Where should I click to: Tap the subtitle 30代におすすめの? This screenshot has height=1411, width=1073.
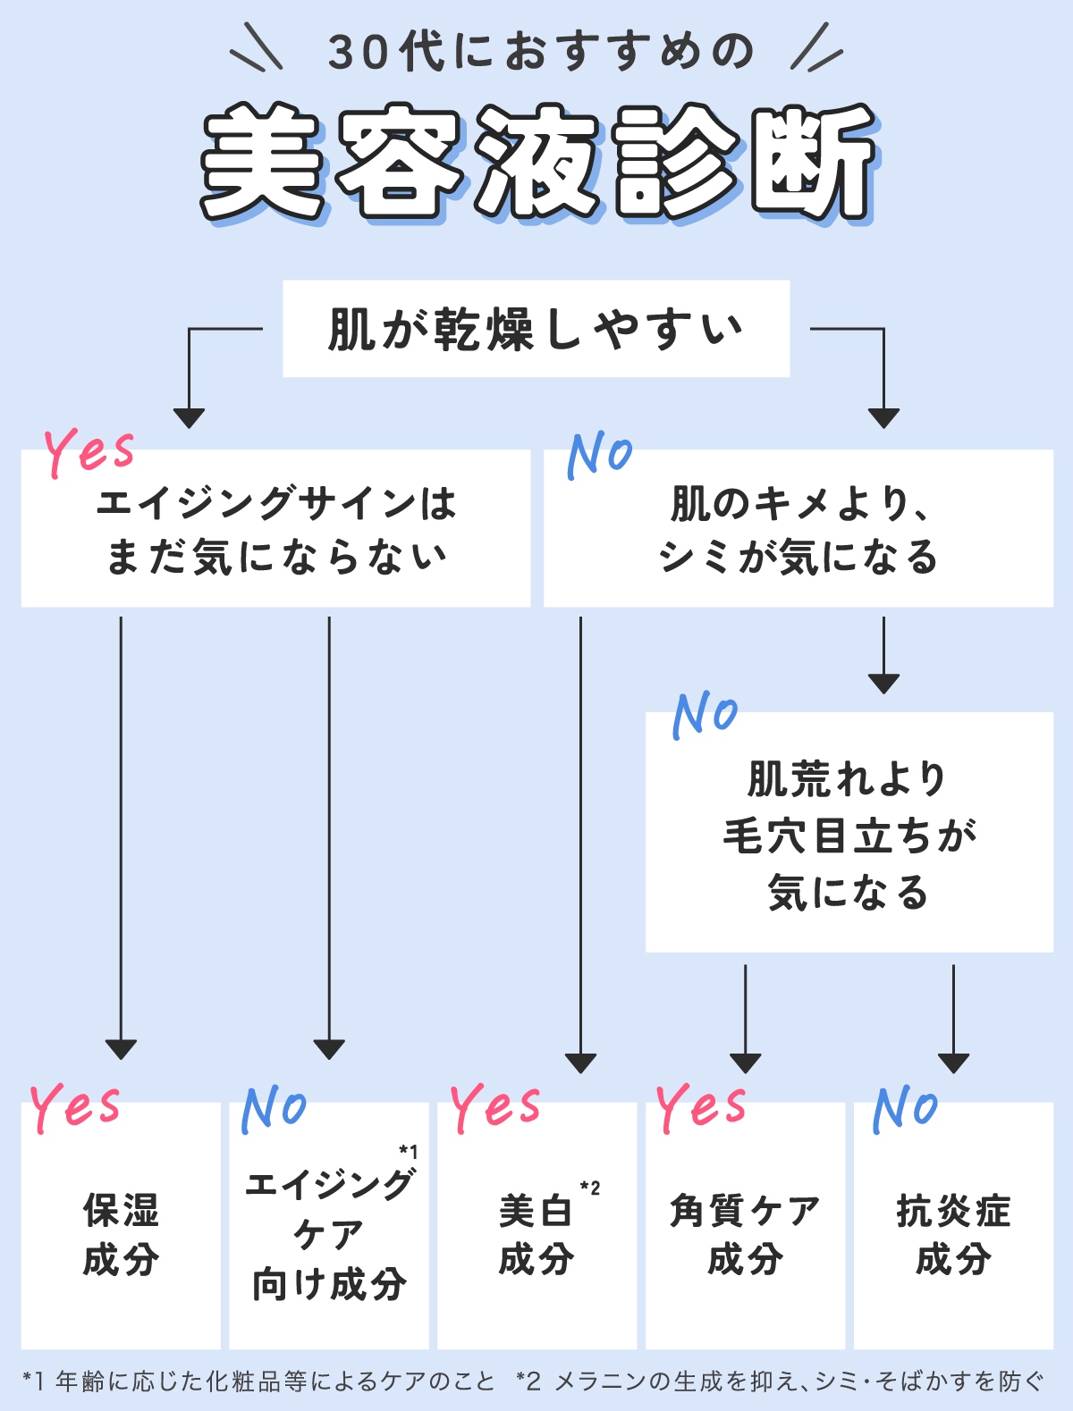coord(540,52)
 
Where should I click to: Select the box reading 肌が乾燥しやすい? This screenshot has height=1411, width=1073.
coord(536,329)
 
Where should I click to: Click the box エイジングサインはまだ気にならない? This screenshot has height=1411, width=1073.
coord(275,529)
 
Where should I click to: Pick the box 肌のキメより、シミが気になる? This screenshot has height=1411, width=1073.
coord(798,529)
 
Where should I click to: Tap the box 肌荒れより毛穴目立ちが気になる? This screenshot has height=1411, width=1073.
coord(849,833)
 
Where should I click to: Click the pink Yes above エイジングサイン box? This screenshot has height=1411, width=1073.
coord(89,451)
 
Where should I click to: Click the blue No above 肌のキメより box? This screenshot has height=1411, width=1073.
coord(600,454)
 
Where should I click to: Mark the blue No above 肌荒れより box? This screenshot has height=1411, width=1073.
coord(705,714)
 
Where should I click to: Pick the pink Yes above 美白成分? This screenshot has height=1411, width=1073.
coord(495,1108)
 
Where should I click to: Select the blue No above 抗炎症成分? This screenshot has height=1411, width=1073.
coord(905,1109)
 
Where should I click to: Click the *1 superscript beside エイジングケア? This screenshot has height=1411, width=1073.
coord(409,1152)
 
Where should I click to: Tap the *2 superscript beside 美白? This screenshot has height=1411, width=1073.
coord(590,1188)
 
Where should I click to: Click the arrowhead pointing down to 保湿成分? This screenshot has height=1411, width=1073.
coord(121,1048)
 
